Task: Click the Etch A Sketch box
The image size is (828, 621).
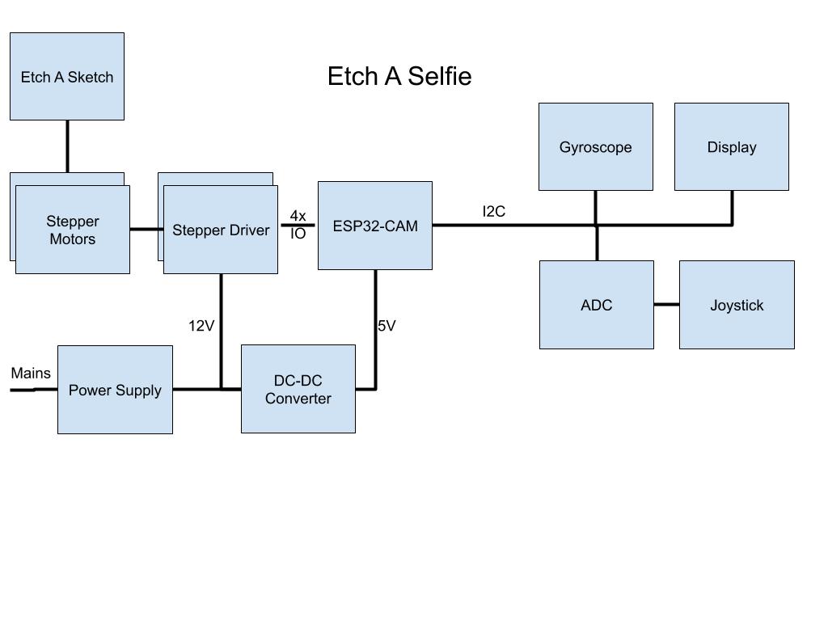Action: click(67, 77)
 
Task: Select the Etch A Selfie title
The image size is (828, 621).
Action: click(399, 76)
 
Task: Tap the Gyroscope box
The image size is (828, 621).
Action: click(596, 147)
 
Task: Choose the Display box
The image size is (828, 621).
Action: click(732, 147)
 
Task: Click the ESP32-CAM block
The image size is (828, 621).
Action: click(375, 226)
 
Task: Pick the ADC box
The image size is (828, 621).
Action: click(597, 305)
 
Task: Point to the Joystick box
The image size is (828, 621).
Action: click(737, 305)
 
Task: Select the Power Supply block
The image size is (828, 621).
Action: click(115, 390)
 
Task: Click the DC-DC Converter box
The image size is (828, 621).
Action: click(298, 390)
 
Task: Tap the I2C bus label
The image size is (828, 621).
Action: click(494, 212)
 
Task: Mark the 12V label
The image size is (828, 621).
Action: click(201, 326)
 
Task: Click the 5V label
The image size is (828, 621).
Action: click(387, 326)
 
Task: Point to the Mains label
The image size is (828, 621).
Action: click(31, 374)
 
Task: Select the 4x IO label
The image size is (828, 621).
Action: click(298, 225)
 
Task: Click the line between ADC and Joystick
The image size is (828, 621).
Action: click(666, 305)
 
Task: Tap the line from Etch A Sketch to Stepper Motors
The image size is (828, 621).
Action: click(67, 146)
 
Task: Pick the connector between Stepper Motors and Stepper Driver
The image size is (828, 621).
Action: click(146, 230)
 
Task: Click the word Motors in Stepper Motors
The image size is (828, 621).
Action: click(73, 239)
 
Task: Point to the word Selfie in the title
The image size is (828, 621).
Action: click(440, 76)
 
